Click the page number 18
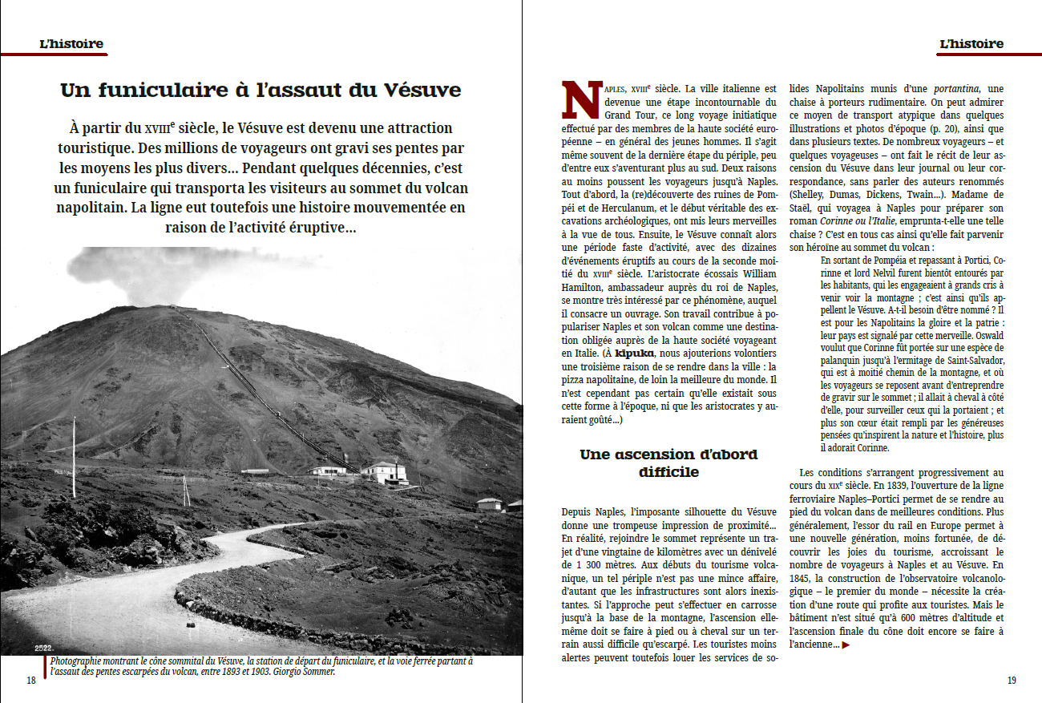coord(31,681)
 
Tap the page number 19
coord(1012,681)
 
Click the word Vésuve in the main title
coord(424,90)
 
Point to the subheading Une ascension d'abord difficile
coord(668,463)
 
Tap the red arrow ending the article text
coord(846,644)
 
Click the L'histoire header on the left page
coord(71,44)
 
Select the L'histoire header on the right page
coord(971,44)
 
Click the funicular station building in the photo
coord(383,471)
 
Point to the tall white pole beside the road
coord(74,457)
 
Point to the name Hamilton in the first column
coord(588,287)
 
